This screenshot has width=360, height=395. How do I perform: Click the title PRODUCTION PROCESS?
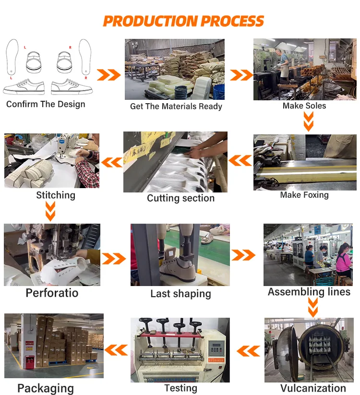click(x=183, y=21)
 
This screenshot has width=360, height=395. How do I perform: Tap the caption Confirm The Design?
click(x=46, y=104)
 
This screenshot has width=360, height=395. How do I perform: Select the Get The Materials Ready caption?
click(x=176, y=107)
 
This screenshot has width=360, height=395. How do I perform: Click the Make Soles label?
click(x=304, y=106)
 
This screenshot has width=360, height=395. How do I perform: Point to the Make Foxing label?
click(x=304, y=195)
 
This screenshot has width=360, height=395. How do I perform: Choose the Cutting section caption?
click(x=180, y=198)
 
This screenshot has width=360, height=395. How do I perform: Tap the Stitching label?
click(x=56, y=195)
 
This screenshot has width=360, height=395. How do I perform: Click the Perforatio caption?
click(x=52, y=293)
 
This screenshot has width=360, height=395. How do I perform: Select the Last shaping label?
click(x=180, y=294)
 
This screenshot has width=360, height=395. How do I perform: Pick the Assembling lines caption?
click(x=309, y=292)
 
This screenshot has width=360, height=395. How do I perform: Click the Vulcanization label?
click(x=313, y=388)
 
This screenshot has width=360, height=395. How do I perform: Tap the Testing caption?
click(x=180, y=388)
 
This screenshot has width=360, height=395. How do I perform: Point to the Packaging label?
click(x=46, y=388)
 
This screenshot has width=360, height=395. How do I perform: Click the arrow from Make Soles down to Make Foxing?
click(x=308, y=122)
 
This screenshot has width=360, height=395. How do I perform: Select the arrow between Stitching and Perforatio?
click(x=50, y=211)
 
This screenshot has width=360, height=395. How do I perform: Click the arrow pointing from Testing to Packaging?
click(x=116, y=350)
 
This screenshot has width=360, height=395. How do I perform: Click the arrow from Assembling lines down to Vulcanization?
click(x=313, y=307)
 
